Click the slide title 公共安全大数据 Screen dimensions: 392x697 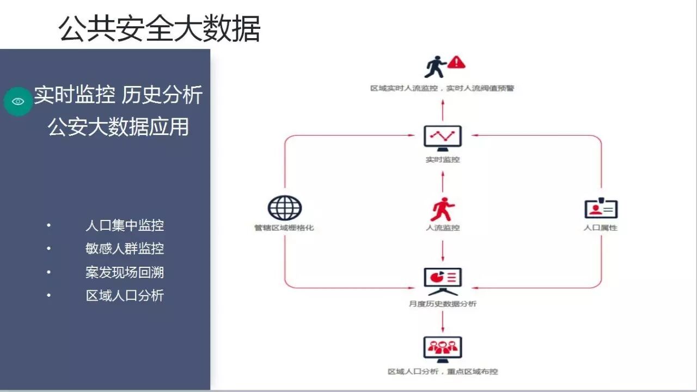160,28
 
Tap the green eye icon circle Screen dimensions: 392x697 18,101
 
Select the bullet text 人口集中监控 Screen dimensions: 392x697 125,225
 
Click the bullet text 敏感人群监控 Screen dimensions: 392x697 125,249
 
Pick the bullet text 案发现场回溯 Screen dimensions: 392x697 125,272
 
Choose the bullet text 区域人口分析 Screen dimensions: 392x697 125,296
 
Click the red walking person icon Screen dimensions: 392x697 442,209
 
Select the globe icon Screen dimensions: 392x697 284,208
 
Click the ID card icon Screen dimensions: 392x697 601,208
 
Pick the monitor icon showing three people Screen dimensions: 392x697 443,349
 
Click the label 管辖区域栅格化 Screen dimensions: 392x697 284,228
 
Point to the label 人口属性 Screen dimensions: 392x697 601,228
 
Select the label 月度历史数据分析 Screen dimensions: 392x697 443,304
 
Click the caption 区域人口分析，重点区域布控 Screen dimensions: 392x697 443,372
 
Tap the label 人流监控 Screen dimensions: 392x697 443,228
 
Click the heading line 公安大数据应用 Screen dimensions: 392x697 118,127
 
